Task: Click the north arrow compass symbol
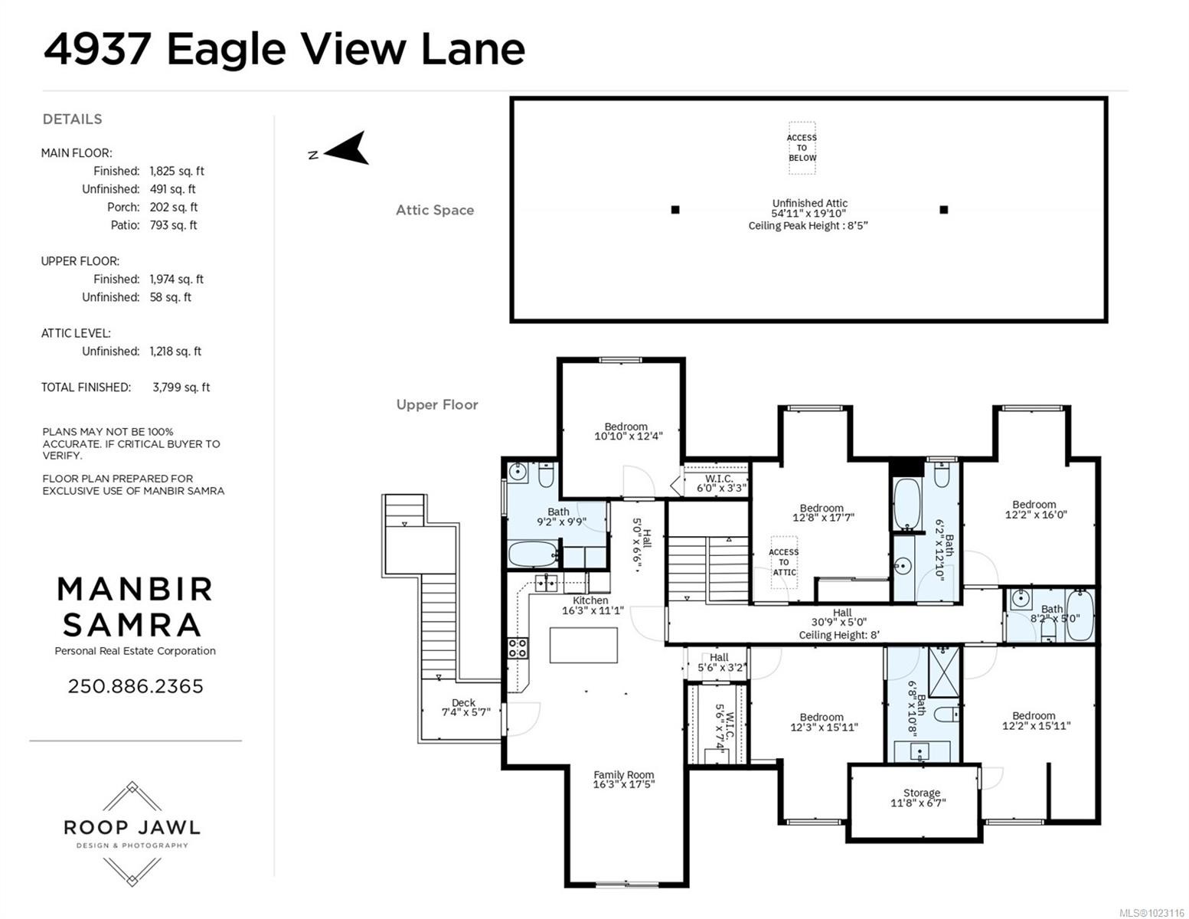coord(348,149)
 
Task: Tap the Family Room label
coord(623,779)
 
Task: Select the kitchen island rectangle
coord(583,645)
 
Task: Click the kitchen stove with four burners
coord(518,648)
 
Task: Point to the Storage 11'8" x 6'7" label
coord(921,798)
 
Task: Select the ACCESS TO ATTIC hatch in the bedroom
coord(783,562)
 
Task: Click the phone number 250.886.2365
coord(136,686)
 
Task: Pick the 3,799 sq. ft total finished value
coord(181,388)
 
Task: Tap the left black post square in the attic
coord(675,210)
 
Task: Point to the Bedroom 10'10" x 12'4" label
coord(627,431)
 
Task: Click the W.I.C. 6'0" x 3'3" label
coord(720,483)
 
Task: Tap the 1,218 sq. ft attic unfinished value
coord(175,352)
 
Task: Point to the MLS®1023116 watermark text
coord(1151,912)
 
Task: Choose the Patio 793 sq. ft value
coord(173,225)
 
